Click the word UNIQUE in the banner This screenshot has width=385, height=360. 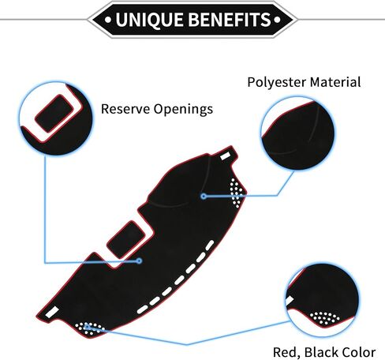(149, 20)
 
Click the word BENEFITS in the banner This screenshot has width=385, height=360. (230, 20)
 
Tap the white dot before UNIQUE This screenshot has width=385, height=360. (108, 20)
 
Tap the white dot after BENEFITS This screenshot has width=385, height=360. (277, 20)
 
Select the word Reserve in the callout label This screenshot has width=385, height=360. (125, 109)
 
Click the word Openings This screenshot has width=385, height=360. (183, 110)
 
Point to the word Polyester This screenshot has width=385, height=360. (277, 82)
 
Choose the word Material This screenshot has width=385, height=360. (335, 82)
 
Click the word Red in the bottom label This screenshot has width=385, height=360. (286, 352)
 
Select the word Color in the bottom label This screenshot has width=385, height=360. (358, 352)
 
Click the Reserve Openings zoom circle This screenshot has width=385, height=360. (56, 118)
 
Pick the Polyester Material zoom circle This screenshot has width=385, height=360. (298, 133)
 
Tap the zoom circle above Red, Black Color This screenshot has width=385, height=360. (323, 300)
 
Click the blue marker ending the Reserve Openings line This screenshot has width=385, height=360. (139, 261)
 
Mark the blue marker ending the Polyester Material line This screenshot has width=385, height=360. (204, 196)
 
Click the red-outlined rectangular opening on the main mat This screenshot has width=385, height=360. (126, 239)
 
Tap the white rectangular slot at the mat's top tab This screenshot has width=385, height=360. (225, 156)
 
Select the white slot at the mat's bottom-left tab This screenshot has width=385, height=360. (52, 312)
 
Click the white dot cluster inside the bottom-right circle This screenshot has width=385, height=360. (324, 318)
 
